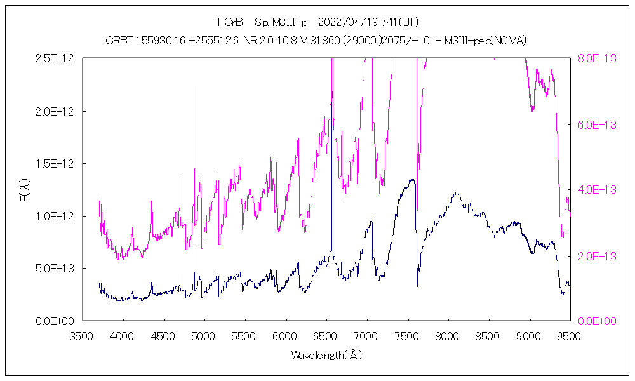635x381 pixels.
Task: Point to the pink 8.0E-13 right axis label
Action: pyautogui.click(x=596, y=58)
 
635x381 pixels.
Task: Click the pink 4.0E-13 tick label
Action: pyautogui.click(x=596, y=190)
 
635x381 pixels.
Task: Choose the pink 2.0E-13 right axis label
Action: pyautogui.click(x=596, y=256)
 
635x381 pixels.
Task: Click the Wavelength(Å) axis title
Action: pyautogui.click(x=326, y=355)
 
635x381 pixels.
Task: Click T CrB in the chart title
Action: pyautogui.click(x=229, y=23)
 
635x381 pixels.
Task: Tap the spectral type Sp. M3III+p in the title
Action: pyautogui.click(x=281, y=23)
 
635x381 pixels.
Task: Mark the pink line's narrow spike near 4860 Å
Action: pyautogui.click(x=194, y=87)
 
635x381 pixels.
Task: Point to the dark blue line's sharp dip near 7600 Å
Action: pyautogui.click(x=417, y=285)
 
